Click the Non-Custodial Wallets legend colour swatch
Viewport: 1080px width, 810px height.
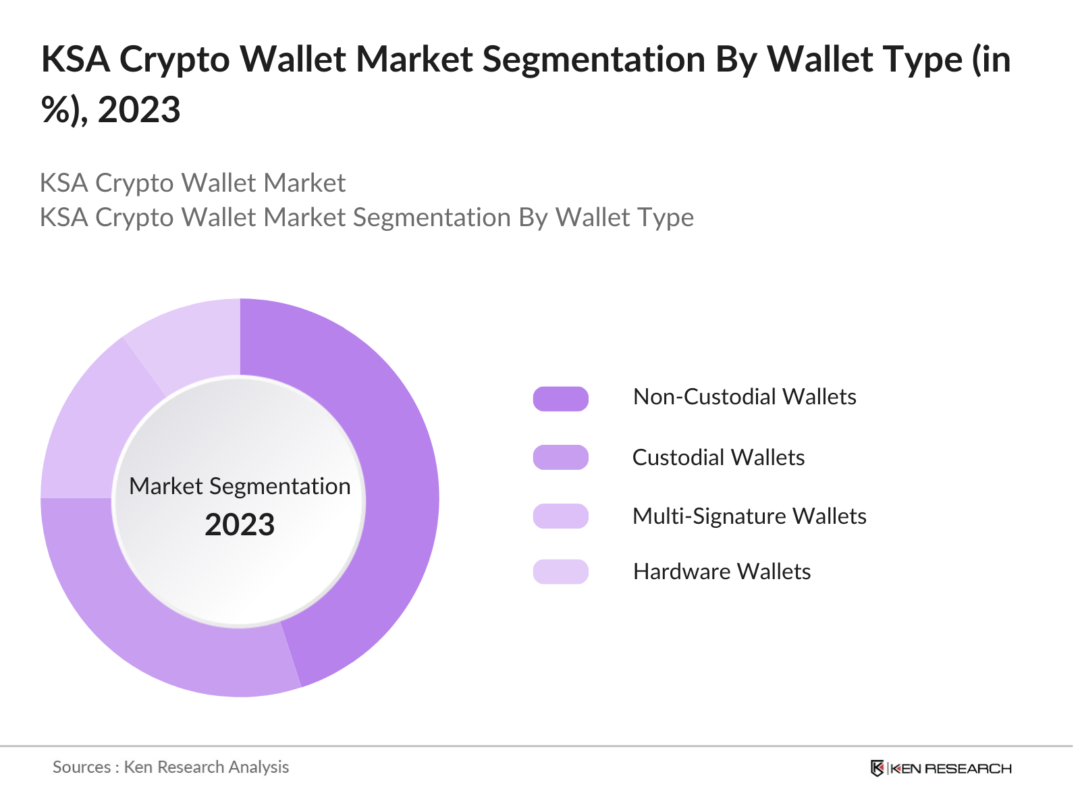click(x=560, y=399)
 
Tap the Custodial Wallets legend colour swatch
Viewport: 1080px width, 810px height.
click(x=560, y=458)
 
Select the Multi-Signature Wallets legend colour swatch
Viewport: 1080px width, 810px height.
click(x=560, y=516)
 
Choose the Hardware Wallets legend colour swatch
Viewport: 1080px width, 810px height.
click(x=560, y=572)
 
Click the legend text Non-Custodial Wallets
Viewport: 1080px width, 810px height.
click(x=745, y=397)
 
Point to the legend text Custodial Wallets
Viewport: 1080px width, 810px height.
click(x=718, y=458)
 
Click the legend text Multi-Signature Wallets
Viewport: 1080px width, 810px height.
click(x=749, y=516)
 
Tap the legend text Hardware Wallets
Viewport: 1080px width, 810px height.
click(x=722, y=572)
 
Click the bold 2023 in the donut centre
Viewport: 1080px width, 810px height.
click(x=240, y=525)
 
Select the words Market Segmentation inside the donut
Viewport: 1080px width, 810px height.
click(x=240, y=486)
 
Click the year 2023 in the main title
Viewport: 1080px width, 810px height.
click(x=139, y=109)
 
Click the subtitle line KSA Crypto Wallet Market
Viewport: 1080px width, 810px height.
click(x=192, y=183)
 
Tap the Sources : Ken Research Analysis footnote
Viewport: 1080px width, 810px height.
click(x=171, y=767)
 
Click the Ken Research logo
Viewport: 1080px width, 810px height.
click(x=941, y=768)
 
